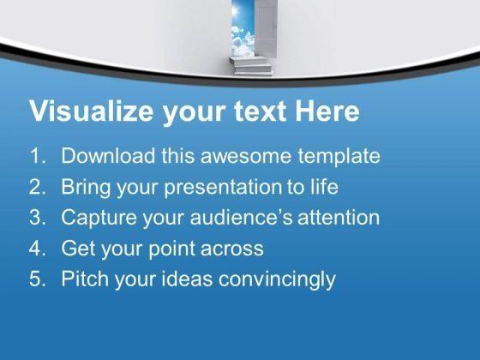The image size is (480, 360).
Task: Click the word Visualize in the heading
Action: coord(91,111)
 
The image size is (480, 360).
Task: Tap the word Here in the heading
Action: coord(327,111)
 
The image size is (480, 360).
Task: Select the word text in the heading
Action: coord(261,111)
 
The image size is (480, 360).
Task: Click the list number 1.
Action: coord(38,155)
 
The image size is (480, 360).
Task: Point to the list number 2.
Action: coord(38,187)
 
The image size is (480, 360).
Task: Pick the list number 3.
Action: coord(38,217)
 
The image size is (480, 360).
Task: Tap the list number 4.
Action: coord(38,248)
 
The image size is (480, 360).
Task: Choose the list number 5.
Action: coord(38,279)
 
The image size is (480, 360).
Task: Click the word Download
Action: coord(108,155)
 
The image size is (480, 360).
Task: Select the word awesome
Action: coord(245,156)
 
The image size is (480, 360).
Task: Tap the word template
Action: coord(339,156)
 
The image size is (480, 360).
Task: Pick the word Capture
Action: coord(99,218)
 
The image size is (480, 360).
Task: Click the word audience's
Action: coord(241,217)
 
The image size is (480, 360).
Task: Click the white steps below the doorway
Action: coord(251,66)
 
